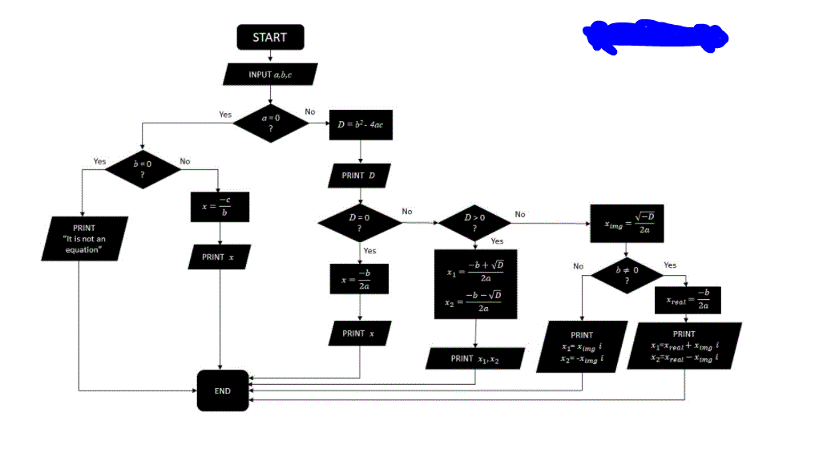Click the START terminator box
click(269, 37)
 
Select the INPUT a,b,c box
click(270, 74)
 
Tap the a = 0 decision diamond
click(271, 123)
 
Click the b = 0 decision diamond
click(142, 168)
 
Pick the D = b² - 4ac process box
click(361, 125)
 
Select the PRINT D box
click(359, 176)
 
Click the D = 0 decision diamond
click(359, 222)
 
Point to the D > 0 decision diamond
click(474, 222)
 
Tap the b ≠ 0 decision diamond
click(627, 275)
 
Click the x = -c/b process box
click(220, 206)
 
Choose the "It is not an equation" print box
click(83, 239)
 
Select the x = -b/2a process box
click(359, 279)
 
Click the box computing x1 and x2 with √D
click(476, 285)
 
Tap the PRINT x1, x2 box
click(475, 358)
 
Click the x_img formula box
click(627, 221)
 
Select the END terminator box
click(223, 390)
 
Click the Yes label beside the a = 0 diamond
click(225, 115)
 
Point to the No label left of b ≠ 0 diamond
click(578, 266)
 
